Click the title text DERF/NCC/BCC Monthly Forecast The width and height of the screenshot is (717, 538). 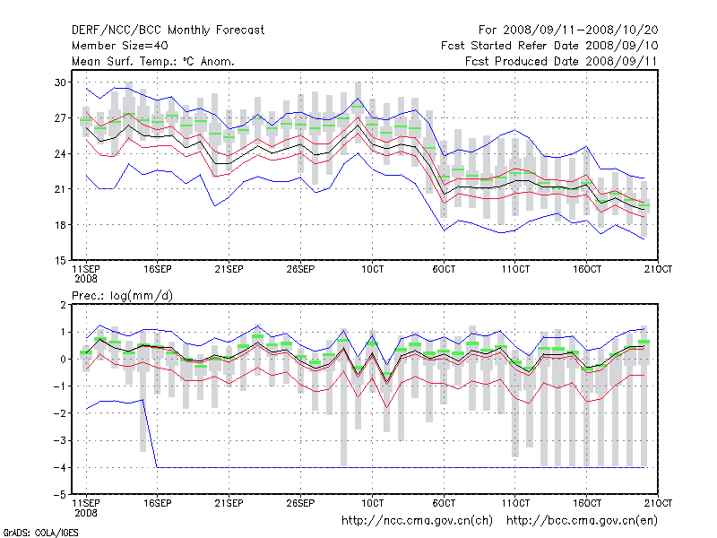point(168,30)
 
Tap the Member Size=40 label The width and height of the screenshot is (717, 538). point(119,45)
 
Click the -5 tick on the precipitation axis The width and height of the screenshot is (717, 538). point(61,494)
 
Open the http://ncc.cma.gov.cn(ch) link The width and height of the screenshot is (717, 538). point(418,520)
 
